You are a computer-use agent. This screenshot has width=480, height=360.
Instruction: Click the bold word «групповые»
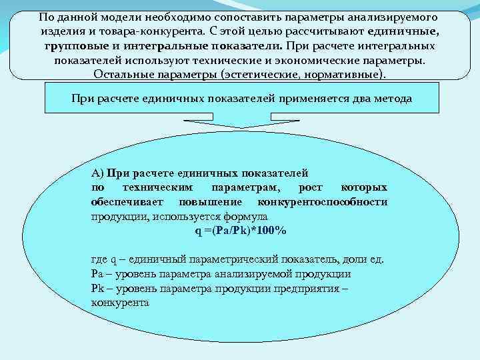[74, 46]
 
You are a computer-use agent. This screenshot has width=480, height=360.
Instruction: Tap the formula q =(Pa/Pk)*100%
[240, 231]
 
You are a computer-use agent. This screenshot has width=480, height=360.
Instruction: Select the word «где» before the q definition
[99, 259]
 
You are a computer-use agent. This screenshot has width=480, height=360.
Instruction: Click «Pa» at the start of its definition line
[97, 274]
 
